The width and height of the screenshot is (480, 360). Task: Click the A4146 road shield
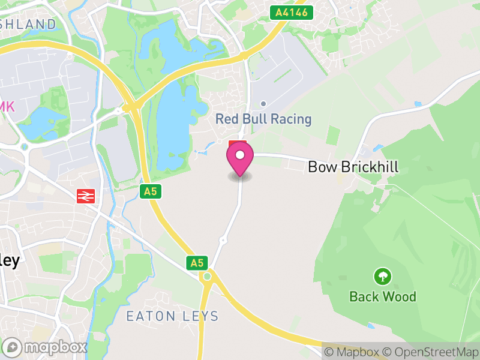coord(292,12)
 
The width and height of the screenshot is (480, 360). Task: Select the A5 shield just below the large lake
coord(150,191)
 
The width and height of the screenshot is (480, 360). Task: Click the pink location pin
coord(240,157)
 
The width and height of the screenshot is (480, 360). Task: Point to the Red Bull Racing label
coord(263,119)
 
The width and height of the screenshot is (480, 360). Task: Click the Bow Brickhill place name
coord(353,167)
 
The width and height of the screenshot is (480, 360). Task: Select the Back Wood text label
coord(382,296)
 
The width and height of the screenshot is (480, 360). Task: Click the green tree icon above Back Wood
coord(382,277)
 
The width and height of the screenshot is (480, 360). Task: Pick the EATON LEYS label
coord(172,316)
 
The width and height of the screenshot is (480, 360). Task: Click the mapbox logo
coord(46,347)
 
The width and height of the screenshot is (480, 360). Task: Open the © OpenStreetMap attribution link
coord(430,352)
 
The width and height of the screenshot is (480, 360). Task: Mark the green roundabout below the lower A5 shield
coord(208,276)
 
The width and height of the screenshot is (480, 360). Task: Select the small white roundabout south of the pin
coord(223,240)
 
